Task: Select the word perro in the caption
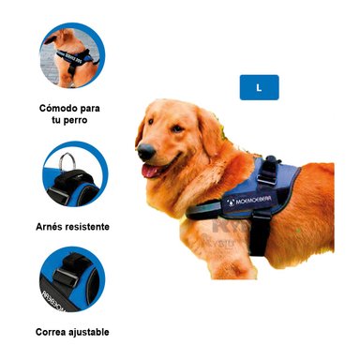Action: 82,121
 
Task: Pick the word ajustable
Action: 94,332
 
